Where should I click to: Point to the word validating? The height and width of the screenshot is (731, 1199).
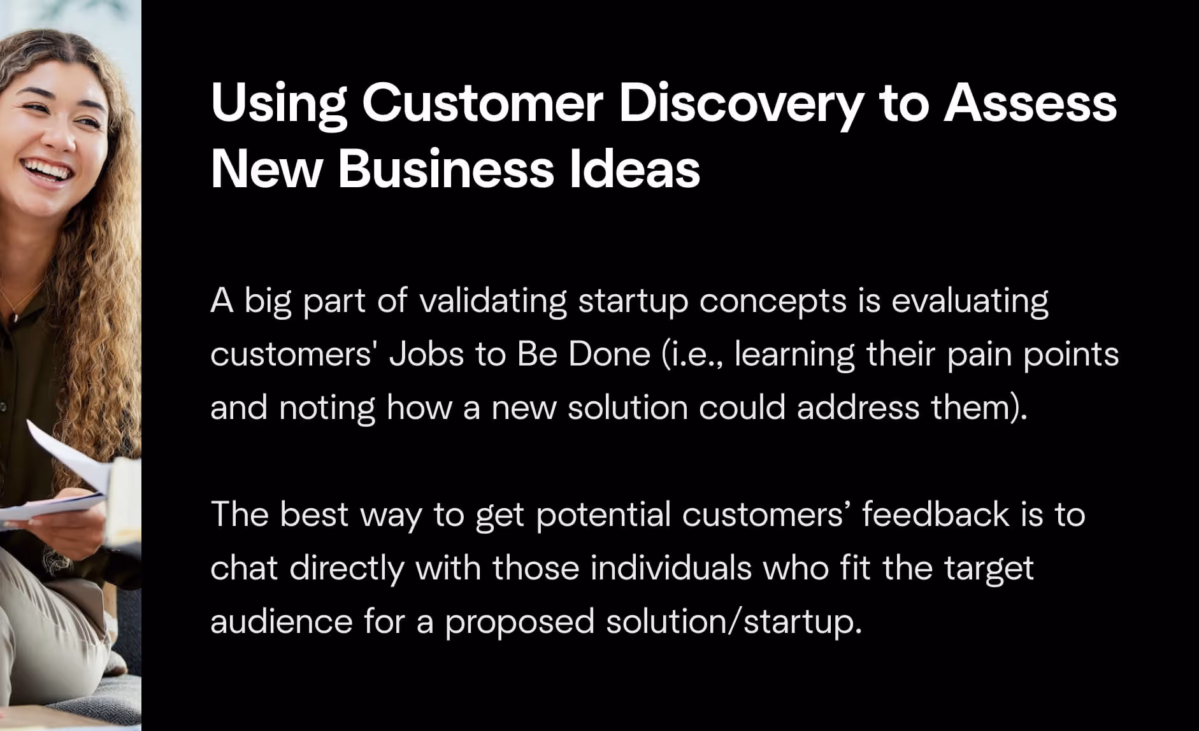coord(493,301)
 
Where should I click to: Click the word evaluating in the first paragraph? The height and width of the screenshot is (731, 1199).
coord(970,301)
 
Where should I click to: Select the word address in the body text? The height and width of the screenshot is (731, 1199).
coord(858,408)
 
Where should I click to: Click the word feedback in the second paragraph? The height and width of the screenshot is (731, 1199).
coord(935,514)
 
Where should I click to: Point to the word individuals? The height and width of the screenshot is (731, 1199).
coord(671,567)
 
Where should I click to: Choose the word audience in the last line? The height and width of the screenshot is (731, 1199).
coord(281,621)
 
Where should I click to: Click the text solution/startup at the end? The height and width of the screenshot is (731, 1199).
coord(733,622)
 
